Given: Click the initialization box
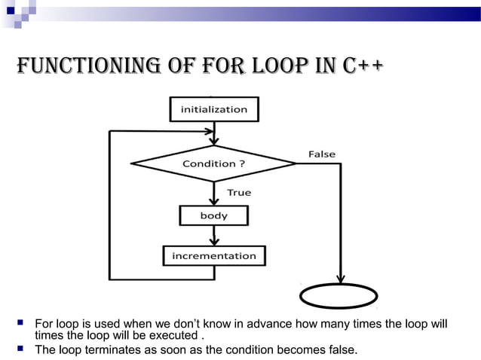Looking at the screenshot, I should click(213, 109).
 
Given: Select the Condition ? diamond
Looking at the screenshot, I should click(213, 163).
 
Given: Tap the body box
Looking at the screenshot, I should click(213, 215).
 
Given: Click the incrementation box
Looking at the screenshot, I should click(214, 256).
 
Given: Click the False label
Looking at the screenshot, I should click(322, 154).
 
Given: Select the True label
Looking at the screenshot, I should click(239, 193).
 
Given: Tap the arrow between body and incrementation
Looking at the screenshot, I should click(214, 236).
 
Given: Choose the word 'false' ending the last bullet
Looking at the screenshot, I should click(340, 350).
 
